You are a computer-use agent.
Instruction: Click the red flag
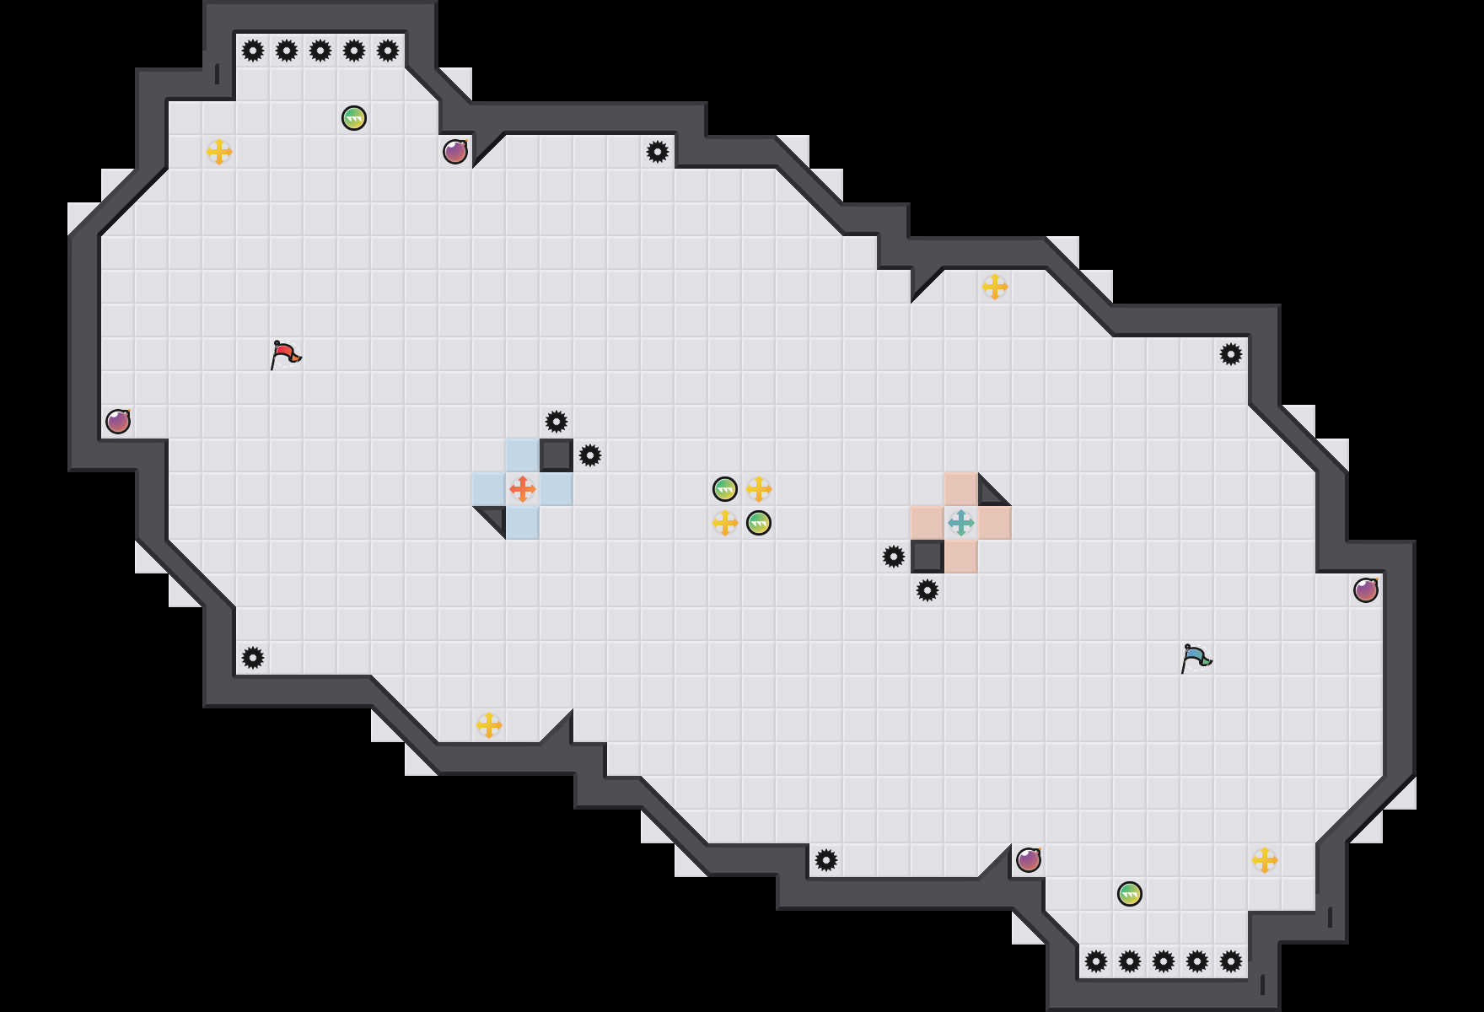coord(285,354)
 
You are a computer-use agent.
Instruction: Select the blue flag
coord(1196,658)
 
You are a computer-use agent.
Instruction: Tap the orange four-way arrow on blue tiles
coord(523,489)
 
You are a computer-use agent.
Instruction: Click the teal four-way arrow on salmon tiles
coord(961,523)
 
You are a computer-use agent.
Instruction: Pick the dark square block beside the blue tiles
coord(556,455)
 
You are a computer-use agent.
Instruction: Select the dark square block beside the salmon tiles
coord(927,557)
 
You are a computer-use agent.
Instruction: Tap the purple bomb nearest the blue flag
coord(1366,590)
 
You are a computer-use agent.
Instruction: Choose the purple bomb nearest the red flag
coord(118,422)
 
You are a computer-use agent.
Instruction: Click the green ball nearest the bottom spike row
coord(1130,894)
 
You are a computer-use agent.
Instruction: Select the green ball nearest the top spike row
coord(354,118)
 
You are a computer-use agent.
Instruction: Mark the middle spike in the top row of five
coord(320,51)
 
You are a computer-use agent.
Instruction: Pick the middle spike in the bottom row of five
coord(1164,961)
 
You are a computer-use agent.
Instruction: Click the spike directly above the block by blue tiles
coord(556,422)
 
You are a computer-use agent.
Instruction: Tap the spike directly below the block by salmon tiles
coord(927,590)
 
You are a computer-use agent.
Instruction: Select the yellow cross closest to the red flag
coord(219,152)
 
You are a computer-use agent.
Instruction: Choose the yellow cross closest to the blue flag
coord(1265,860)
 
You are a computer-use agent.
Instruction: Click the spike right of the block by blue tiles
coord(590,455)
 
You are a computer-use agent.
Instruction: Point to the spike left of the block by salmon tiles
coord(894,557)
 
